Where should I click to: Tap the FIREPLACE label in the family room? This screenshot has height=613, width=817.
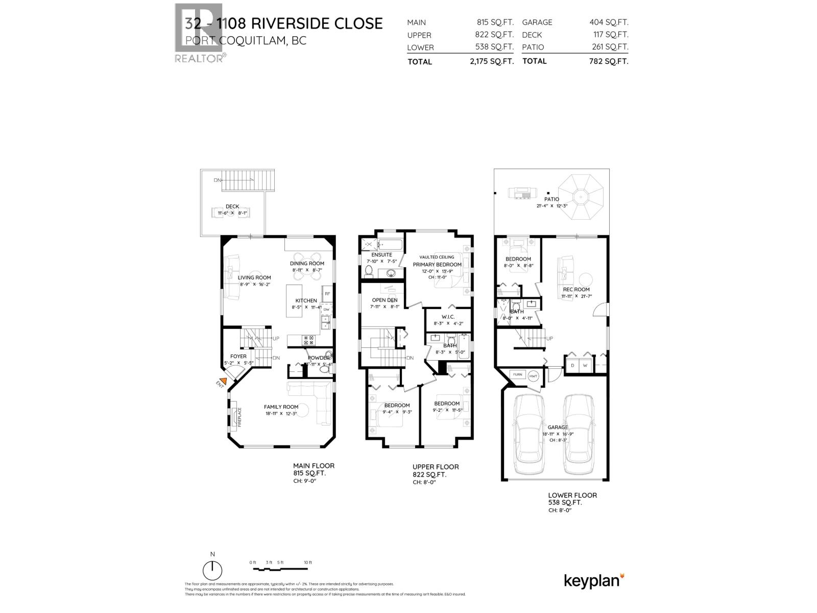[238, 417]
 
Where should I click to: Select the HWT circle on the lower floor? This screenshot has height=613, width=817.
[534, 376]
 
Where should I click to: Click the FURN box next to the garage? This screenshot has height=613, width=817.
[518, 374]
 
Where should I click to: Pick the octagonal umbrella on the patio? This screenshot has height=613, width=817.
[580, 196]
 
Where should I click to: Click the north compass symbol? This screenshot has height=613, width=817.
[212, 569]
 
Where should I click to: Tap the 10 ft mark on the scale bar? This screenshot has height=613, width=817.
[307, 562]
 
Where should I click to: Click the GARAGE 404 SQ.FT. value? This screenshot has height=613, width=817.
[609, 22]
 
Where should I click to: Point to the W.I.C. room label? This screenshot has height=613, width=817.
[447, 317]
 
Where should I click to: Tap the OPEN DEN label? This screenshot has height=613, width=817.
[385, 300]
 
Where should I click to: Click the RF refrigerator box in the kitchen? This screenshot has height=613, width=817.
[327, 294]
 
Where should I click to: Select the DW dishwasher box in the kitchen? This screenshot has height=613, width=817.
[326, 310]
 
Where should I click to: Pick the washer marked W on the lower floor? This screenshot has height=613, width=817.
[586, 365]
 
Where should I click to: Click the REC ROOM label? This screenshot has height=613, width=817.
[575, 290]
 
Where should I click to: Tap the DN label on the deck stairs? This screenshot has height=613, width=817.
[218, 180]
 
